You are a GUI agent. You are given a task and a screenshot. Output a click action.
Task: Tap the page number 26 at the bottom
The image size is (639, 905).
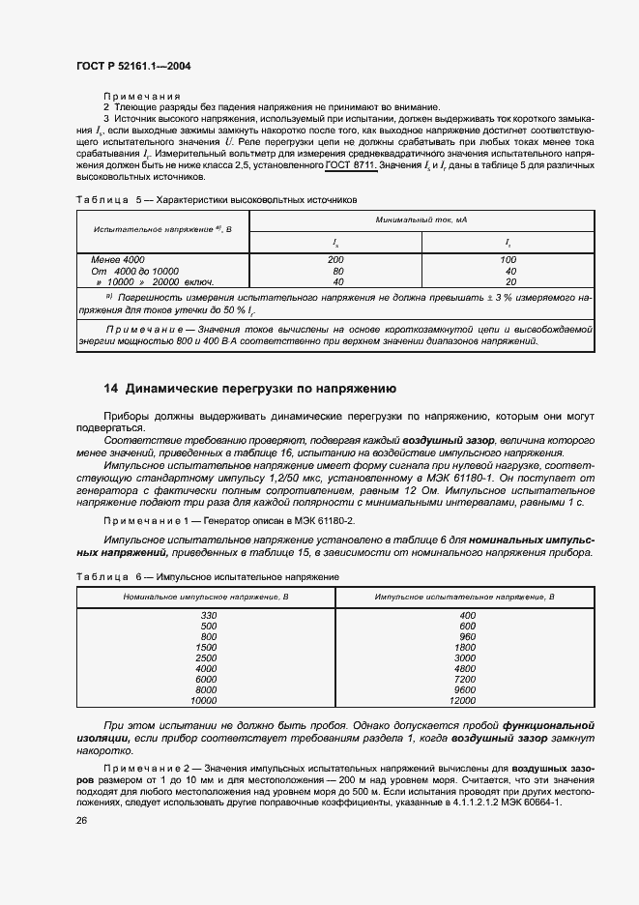pos(81,820)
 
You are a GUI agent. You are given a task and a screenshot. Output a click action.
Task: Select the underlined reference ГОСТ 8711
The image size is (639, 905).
pos(351,166)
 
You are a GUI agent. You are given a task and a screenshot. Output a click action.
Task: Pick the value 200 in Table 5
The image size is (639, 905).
pos(335,260)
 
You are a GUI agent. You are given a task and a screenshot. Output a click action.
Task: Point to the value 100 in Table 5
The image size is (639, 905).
pos(508,260)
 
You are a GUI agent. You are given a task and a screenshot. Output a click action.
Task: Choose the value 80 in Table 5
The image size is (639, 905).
pos(335,271)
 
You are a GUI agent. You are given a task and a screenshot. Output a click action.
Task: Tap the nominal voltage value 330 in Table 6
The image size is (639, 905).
pos(208,615)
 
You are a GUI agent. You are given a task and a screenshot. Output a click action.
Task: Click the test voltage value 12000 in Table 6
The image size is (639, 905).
pos(468,700)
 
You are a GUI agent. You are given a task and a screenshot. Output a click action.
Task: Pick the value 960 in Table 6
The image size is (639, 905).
pos(468,636)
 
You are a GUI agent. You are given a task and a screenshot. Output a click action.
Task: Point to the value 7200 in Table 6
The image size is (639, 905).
pos(468,679)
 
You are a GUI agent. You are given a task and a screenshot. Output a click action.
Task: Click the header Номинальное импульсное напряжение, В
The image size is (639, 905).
pos(206,598)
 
